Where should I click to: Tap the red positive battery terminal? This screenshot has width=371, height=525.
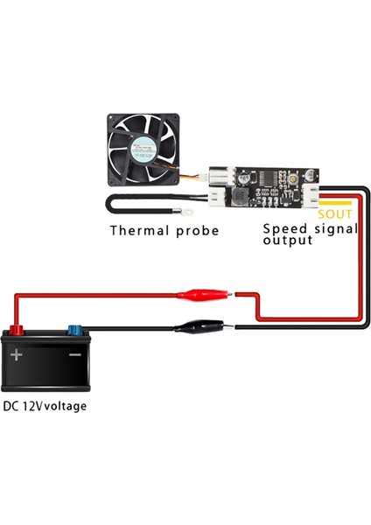tap(15, 332)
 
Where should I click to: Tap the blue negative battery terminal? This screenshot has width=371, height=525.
tap(73, 332)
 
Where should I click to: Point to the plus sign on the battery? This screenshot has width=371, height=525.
tap(17, 355)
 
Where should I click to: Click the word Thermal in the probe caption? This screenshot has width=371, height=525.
tap(137, 231)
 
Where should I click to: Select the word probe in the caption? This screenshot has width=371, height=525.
tap(194, 232)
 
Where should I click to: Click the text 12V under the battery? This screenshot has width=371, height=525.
tap(32, 406)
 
